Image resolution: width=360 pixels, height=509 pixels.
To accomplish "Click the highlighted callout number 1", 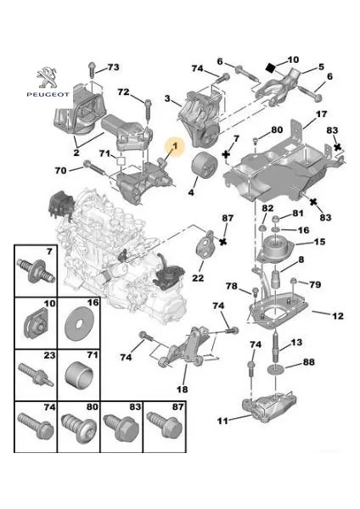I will click(175, 147).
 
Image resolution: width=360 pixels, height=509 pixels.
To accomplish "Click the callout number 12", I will click(337, 316).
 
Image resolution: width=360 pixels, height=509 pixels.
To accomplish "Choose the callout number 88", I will click(308, 363).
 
